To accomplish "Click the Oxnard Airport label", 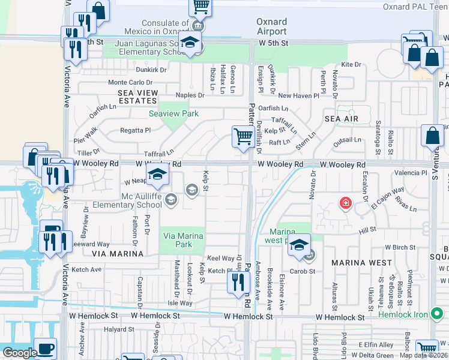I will coord(271,26).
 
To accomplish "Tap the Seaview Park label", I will coord(173,113).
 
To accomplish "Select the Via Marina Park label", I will coord(184,240).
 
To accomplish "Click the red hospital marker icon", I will coord(345,203).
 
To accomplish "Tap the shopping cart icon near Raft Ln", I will coord(243,136).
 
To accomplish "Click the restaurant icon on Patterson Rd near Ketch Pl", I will coord(238,281).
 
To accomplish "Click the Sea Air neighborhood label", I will coord(341,119).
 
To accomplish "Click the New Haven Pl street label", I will coord(298,95).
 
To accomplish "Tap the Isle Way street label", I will coord(180,303).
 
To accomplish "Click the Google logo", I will coord(20,353).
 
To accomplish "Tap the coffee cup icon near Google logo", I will coord(45,348).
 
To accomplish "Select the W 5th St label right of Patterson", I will coord(274,43).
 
